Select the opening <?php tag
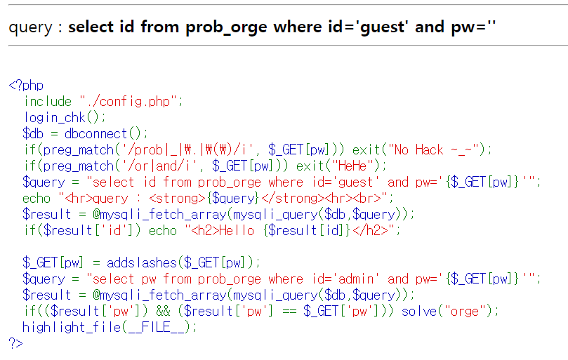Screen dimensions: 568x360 click(x=26, y=86)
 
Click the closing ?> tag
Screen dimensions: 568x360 click(x=15, y=343)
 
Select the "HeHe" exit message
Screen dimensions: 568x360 click(x=355, y=166)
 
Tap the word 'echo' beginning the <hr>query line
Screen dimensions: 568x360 click(x=37, y=198)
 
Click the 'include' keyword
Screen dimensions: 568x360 click(x=48, y=101)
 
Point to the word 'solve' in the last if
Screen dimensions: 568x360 click(x=418, y=311)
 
